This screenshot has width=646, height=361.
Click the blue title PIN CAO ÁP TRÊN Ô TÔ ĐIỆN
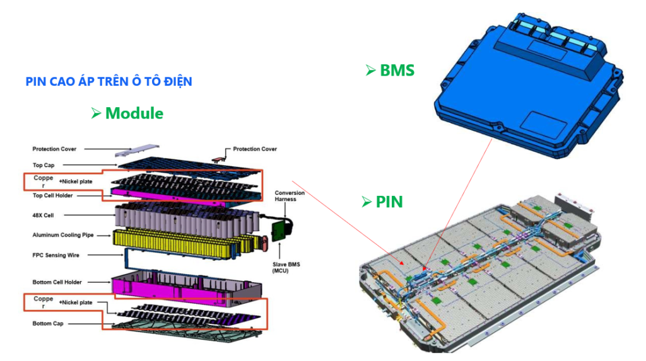pos(109,82)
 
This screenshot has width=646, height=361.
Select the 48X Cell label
pos(43,215)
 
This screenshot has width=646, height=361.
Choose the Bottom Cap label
pos(47,324)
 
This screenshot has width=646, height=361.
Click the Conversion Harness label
pos(290,196)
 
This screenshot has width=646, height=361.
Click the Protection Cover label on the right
pos(254,149)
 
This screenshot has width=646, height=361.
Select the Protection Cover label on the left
pos(54,149)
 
